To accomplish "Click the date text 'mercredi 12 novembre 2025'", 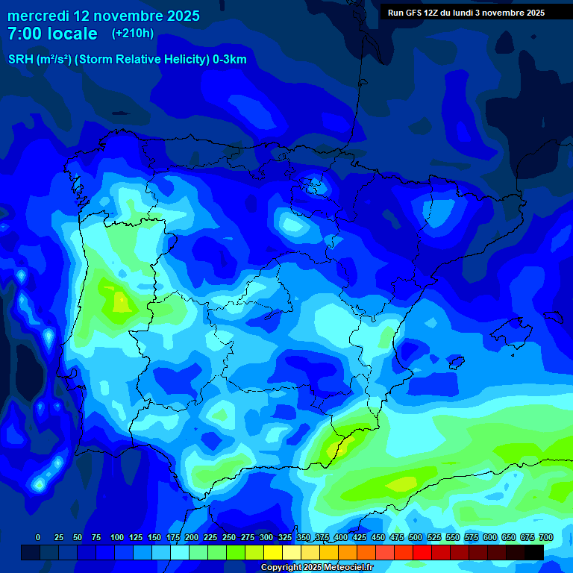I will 104,16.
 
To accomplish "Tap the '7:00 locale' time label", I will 52,34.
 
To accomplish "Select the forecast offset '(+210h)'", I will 132,34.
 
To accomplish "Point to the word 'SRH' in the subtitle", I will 20,60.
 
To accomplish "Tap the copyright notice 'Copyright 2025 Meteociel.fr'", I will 316,568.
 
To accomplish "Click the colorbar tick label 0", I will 38,537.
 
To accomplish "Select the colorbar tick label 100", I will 117,537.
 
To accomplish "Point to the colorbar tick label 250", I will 229,537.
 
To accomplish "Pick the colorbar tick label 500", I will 416,537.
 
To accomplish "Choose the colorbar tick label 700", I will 546,537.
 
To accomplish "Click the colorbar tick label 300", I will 266,537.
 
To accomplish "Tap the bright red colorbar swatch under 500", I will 422,552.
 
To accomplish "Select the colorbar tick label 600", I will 490,537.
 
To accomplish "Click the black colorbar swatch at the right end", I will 533,552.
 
